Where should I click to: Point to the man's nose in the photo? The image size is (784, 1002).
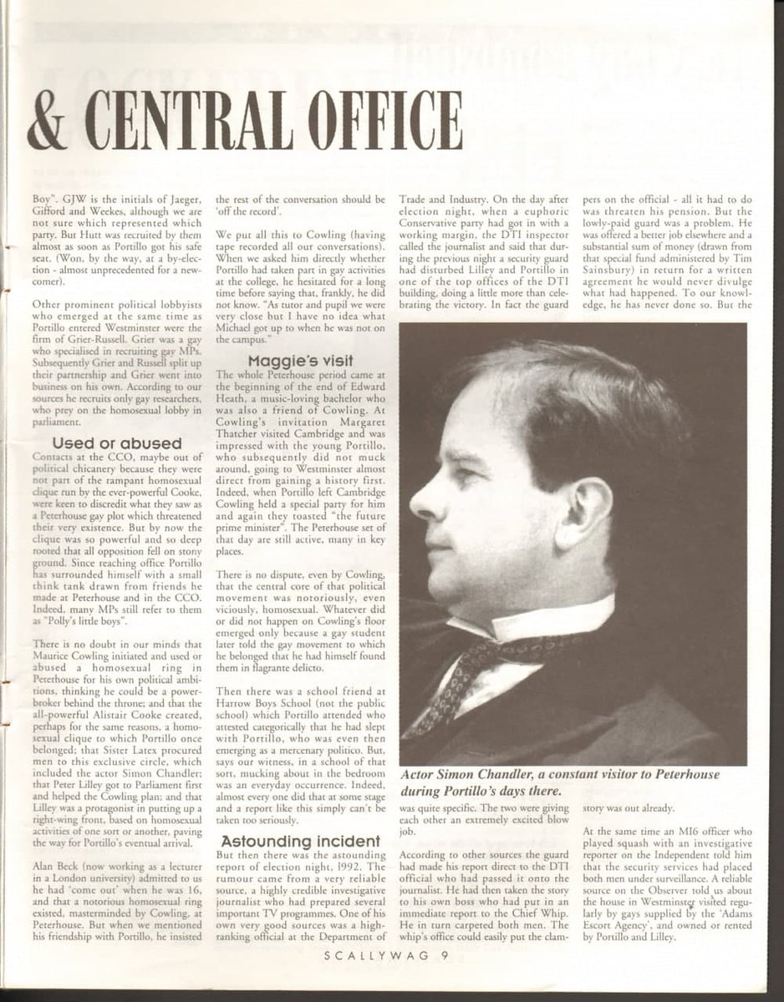[418, 501]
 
